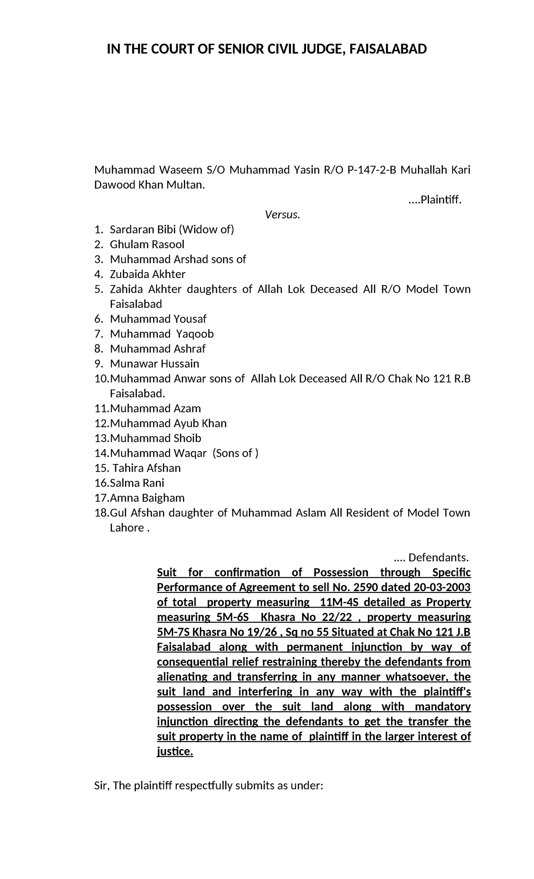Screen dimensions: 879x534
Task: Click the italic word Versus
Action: coord(283,215)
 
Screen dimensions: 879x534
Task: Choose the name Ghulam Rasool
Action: coord(147,244)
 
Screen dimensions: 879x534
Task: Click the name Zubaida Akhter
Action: coord(147,274)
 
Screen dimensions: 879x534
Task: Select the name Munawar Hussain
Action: coord(154,363)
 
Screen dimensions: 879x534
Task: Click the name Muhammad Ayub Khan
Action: coord(168,423)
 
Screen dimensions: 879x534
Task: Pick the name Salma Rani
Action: coord(137,483)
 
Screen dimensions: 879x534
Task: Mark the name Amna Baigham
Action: coord(147,498)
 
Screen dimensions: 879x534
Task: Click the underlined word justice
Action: coord(175,751)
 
